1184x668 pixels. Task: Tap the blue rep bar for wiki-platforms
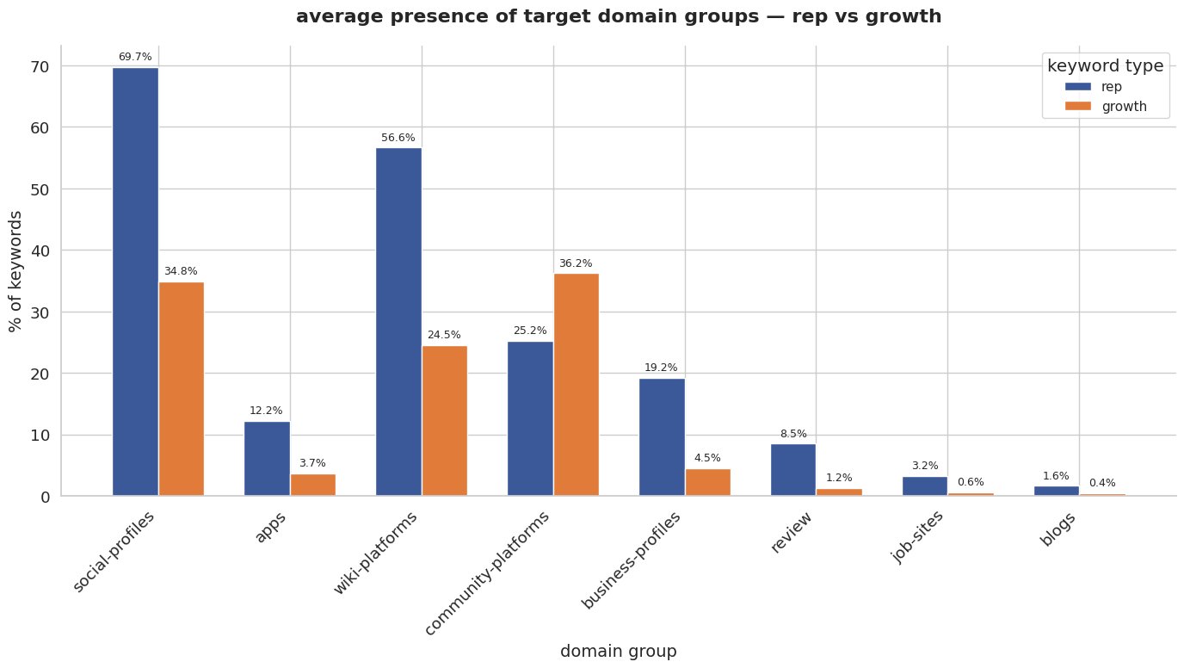point(398,322)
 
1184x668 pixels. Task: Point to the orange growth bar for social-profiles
point(181,389)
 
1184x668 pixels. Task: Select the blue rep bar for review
point(792,470)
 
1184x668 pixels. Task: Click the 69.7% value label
point(135,57)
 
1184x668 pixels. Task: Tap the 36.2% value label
point(576,263)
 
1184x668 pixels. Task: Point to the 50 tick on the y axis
point(40,189)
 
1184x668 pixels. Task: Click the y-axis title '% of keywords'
point(16,271)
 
